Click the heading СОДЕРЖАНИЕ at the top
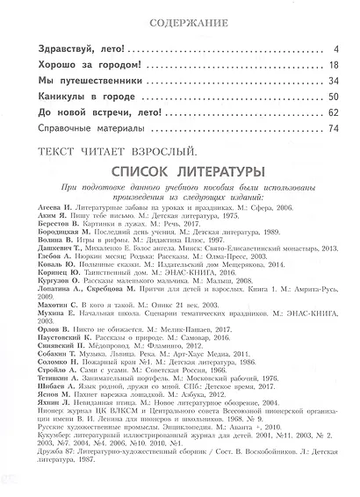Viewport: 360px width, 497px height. click(181, 19)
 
